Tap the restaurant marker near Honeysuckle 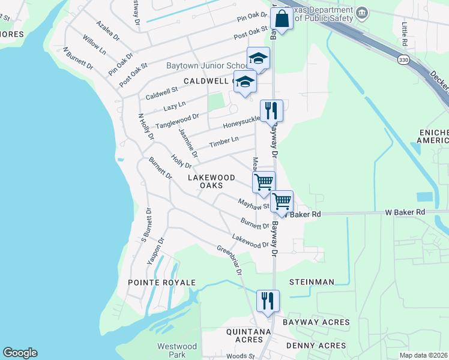[x=271, y=110]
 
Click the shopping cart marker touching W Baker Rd [x=282, y=202]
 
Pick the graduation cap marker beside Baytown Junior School [x=258, y=59]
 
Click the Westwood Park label [x=177, y=350]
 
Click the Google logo [x=20, y=353]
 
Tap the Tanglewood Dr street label [x=177, y=121]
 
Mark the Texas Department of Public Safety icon [x=362, y=13]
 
